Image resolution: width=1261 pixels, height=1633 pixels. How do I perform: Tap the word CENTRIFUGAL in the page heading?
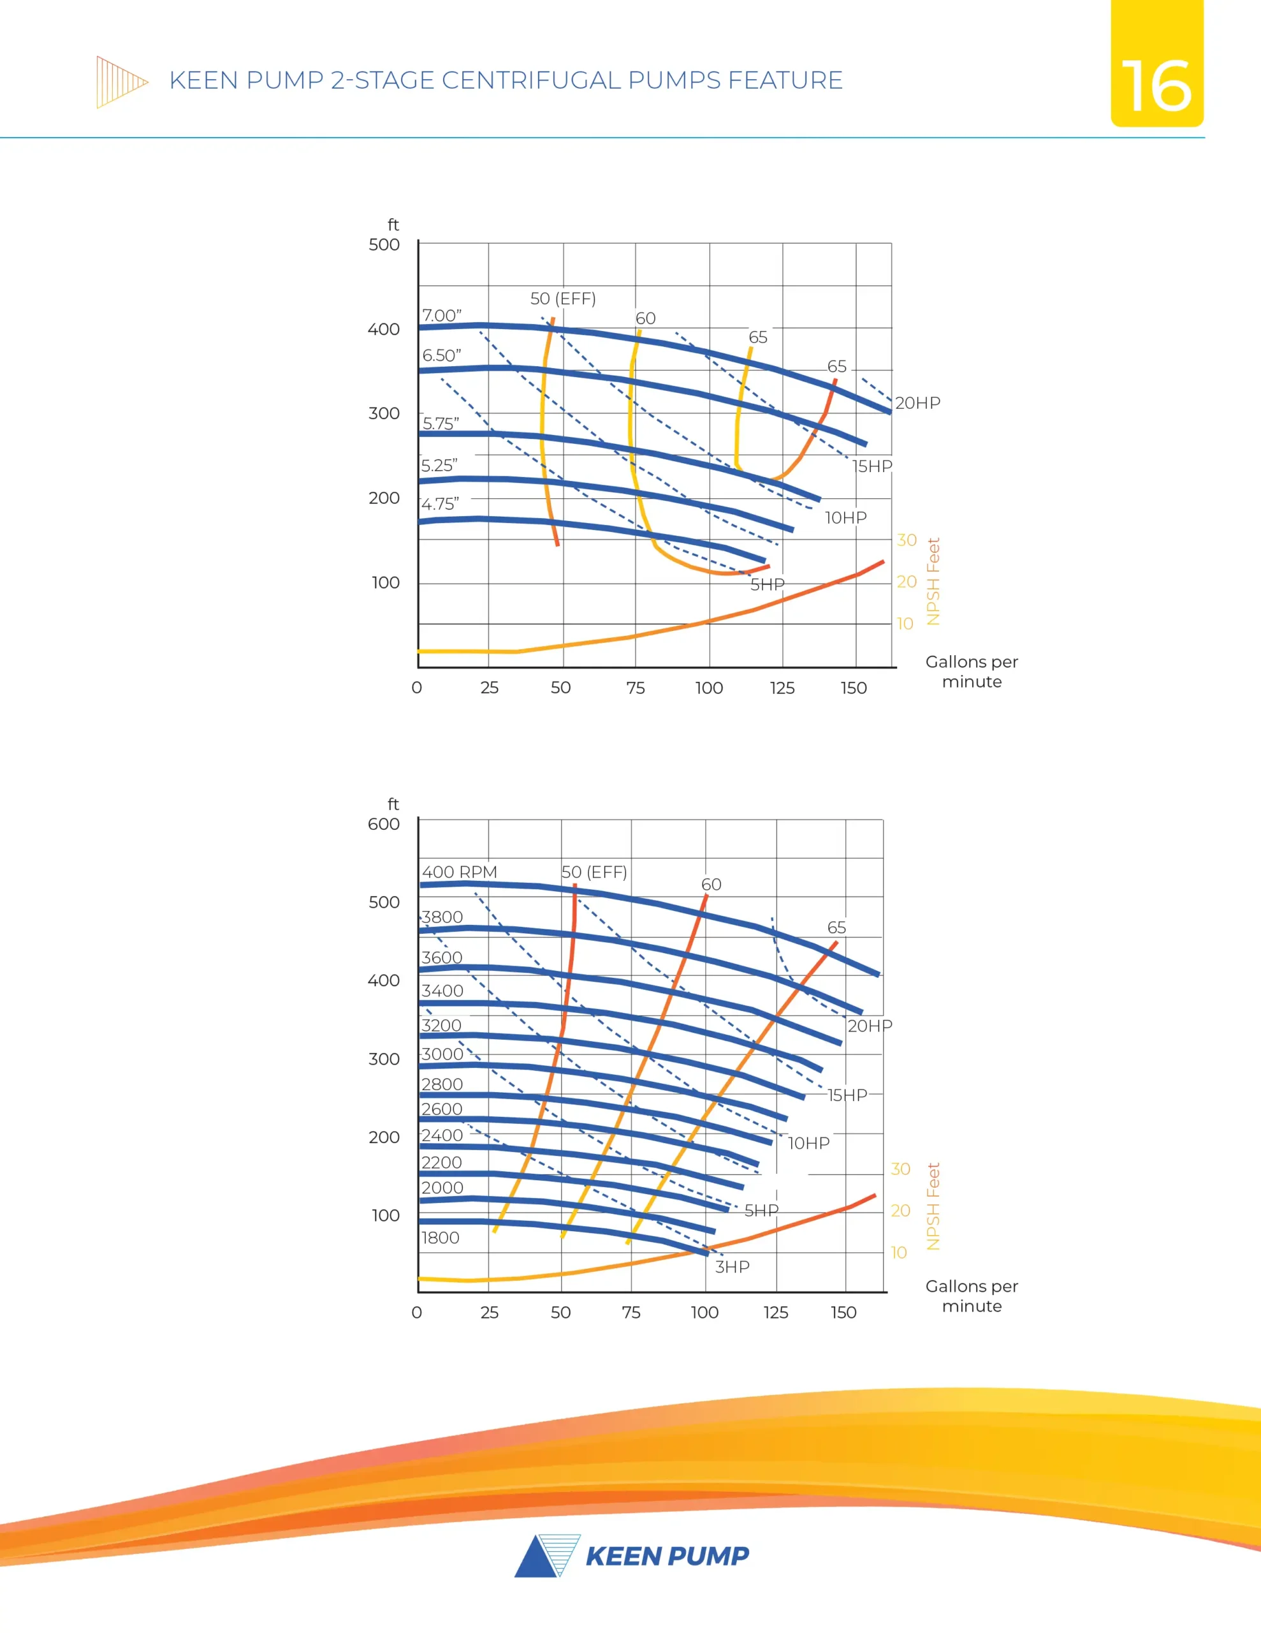click(x=530, y=80)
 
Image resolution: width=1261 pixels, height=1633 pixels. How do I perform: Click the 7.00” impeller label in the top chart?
click(x=442, y=316)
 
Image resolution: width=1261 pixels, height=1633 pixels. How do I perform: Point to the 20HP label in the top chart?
click(x=917, y=403)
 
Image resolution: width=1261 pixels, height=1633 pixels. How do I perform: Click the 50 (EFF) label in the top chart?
click(x=563, y=299)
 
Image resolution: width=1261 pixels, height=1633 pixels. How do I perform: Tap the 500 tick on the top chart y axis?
click(x=384, y=244)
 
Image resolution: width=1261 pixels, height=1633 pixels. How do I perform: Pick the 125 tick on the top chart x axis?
click(x=782, y=688)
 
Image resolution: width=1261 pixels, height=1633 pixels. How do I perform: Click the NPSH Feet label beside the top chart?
click(x=933, y=581)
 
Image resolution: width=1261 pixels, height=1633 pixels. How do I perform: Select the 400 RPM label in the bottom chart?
click(x=459, y=872)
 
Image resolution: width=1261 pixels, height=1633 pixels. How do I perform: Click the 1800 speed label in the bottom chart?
click(x=441, y=1238)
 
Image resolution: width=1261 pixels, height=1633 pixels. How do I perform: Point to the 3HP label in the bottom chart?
click(x=732, y=1267)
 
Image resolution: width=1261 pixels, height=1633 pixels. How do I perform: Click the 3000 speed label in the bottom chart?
click(x=442, y=1054)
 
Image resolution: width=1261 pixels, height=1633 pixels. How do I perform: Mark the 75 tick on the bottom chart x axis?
click(x=631, y=1312)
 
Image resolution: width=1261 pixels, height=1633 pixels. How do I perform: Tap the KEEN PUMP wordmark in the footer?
click(x=667, y=1556)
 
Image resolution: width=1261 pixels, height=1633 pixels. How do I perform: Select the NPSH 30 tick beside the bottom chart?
click(x=900, y=1169)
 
